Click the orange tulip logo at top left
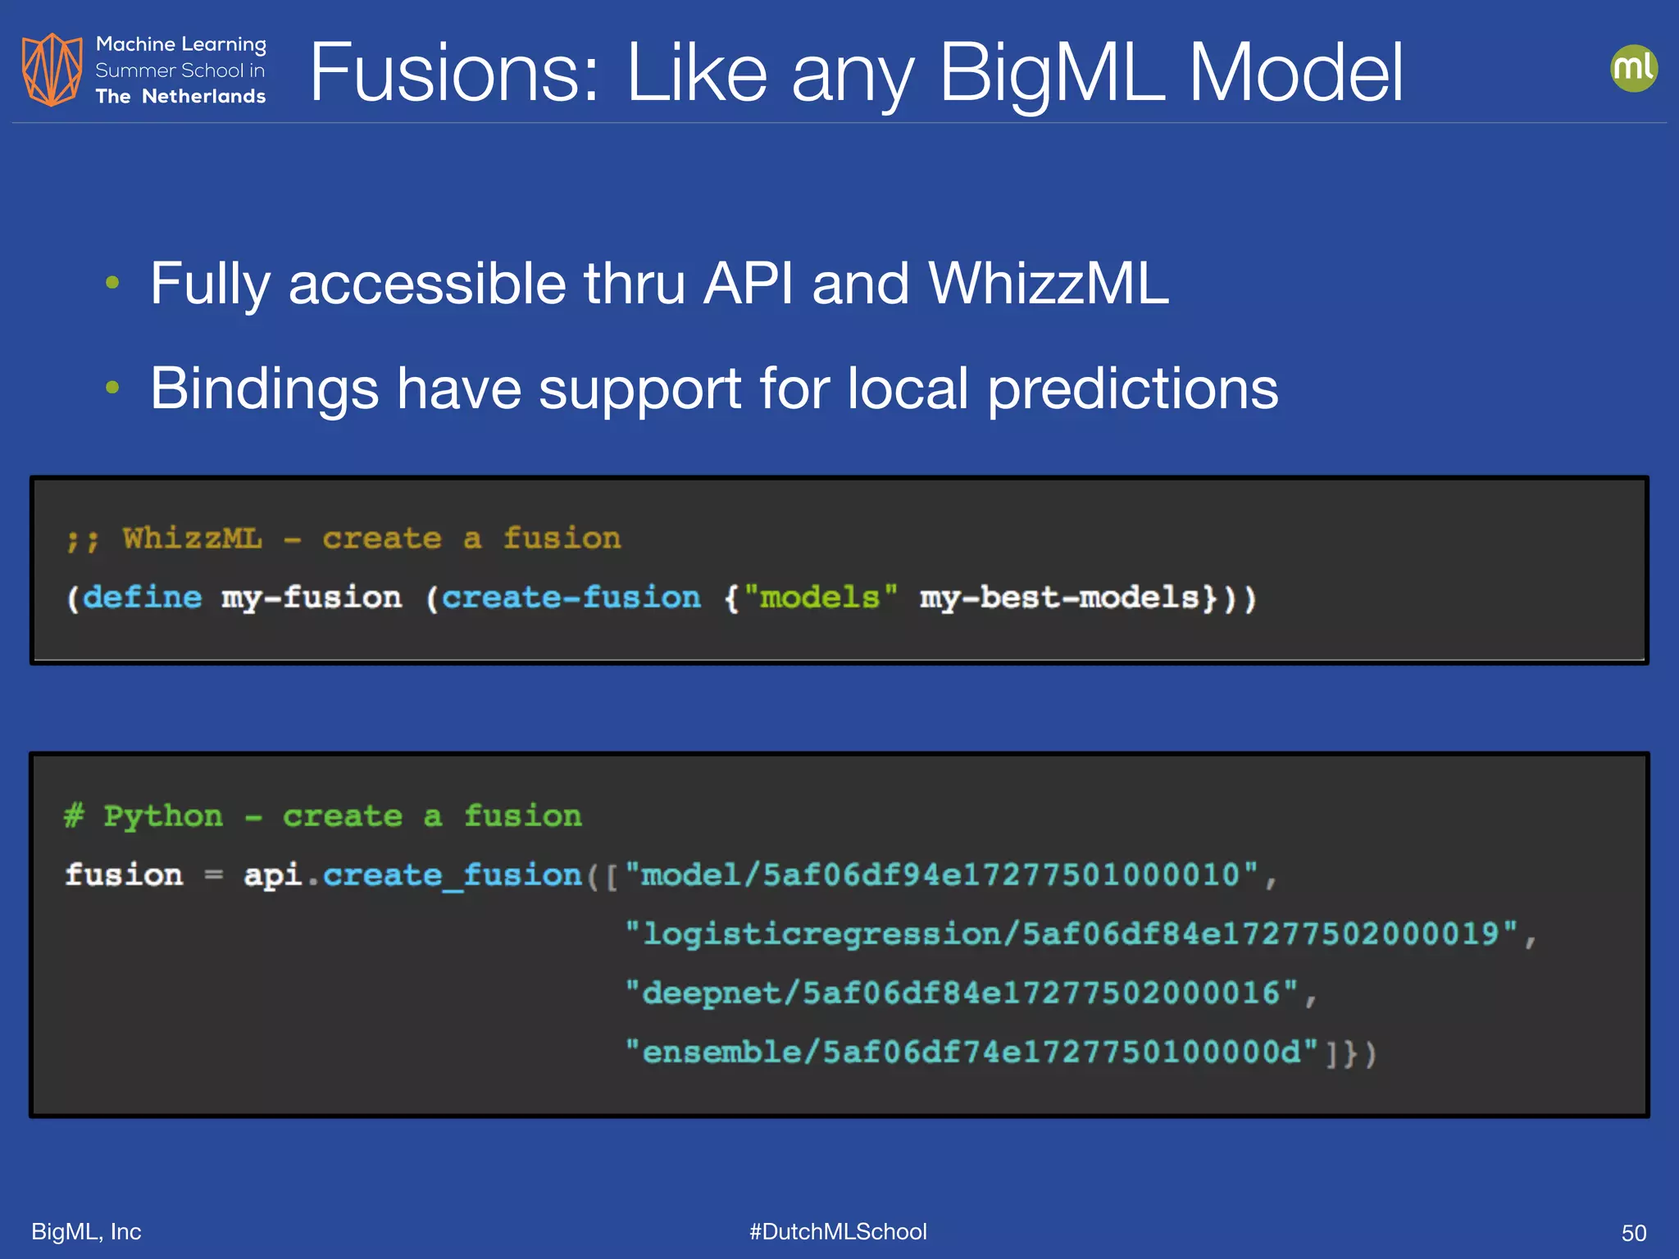pyautogui.click(x=52, y=70)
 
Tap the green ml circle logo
pyautogui.click(x=1633, y=68)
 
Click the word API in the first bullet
pyautogui.click(x=748, y=284)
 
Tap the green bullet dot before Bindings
pyautogui.click(x=113, y=387)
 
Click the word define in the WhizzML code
pyautogui.click(x=142, y=598)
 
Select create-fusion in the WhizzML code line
pyautogui.click(x=571, y=598)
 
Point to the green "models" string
pyautogui.click(x=820, y=598)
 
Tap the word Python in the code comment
pyautogui.click(x=163, y=816)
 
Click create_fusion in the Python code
pyautogui.click(x=453, y=875)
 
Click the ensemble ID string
pyautogui.click(x=971, y=1052)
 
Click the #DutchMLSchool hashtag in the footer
pyautogui.click(x=838, y=1232)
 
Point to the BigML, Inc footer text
pyautogui.click(x=86, y=1232)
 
